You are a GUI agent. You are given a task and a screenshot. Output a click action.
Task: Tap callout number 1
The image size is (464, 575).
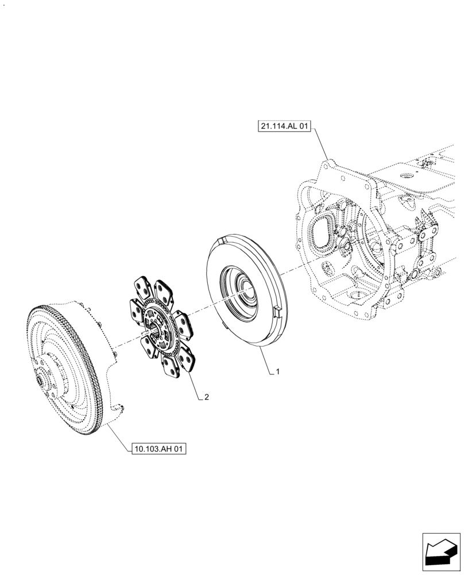(x=277, y=372)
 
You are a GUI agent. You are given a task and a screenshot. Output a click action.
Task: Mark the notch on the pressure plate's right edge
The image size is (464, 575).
(x=276, y=311)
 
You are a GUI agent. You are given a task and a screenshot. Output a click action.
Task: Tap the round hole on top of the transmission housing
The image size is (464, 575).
(x=406, y=175)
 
